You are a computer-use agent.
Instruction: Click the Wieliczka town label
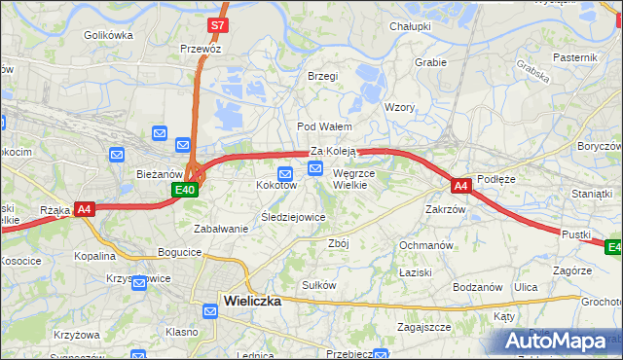click(x=251, y=301)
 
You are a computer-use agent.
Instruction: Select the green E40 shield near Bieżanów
click(x=188, y=191)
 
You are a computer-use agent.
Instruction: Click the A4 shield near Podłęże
click(x=461, y=184)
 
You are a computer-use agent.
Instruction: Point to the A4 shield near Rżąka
click(x=85, y=208)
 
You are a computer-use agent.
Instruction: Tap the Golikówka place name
click(x=108, y=35)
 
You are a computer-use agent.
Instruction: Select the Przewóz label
click(x=201, y=48)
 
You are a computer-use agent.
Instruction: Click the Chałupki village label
click(x=410, y=26)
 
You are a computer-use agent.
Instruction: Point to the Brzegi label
click(x=322, y=76)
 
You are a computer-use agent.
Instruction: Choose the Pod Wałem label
click(x=324, y=126)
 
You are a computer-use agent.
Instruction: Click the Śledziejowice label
click(x=293, y=217)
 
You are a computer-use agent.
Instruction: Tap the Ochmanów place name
click(x=426, y=245)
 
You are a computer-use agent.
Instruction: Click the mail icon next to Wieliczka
click(x=211, y=311)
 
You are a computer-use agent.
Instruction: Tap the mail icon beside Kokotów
click(x=273, y=173)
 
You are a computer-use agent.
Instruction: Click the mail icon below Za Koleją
click(x=315, y=169)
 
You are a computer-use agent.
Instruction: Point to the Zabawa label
click(x=218, y=228)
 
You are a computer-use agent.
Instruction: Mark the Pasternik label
click(x=574, y=57)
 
